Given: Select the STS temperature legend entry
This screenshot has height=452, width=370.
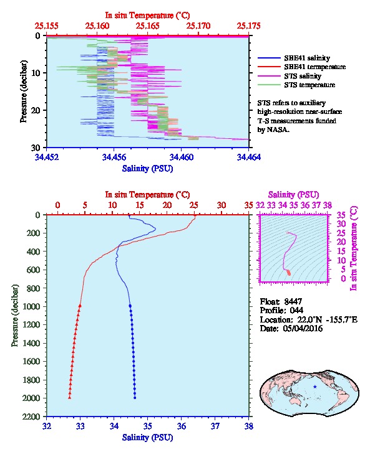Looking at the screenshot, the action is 296,85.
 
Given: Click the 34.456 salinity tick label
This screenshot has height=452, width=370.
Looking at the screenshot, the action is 114,157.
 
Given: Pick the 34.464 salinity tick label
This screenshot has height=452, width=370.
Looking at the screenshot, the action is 249,157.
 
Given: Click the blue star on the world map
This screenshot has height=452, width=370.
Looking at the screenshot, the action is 315,387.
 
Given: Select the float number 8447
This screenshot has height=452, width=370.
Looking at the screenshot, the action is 293,301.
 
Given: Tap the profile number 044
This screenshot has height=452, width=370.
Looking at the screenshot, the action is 296,310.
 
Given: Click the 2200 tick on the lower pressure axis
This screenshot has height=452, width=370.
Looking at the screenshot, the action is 31,417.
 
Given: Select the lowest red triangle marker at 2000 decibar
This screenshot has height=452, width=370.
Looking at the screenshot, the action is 70,398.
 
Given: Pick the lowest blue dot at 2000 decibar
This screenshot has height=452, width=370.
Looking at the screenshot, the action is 135,398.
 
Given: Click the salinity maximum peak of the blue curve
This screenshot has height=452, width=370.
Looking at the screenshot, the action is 156,229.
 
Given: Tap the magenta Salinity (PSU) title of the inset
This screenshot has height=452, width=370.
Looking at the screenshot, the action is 293,195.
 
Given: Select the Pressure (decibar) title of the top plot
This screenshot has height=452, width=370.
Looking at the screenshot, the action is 24,92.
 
